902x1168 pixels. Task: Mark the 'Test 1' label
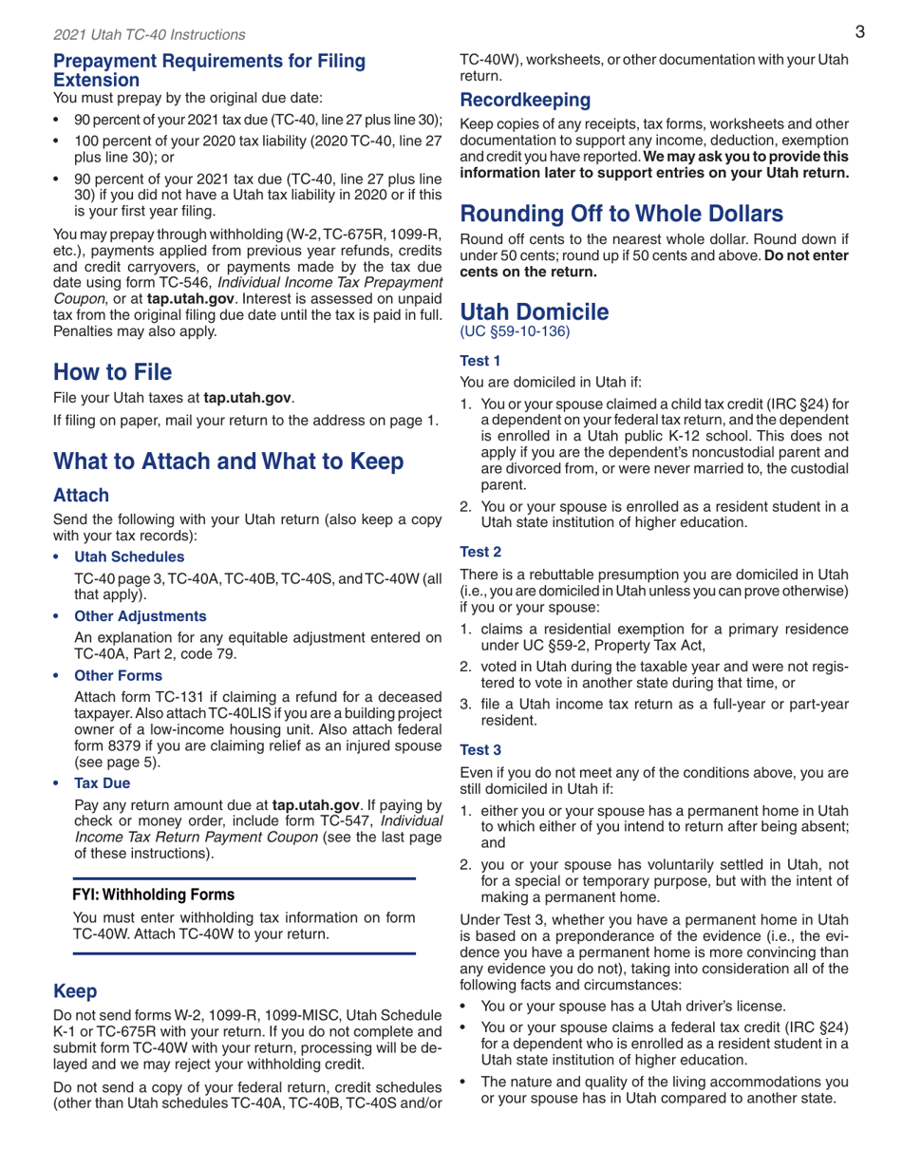[480, 361]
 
